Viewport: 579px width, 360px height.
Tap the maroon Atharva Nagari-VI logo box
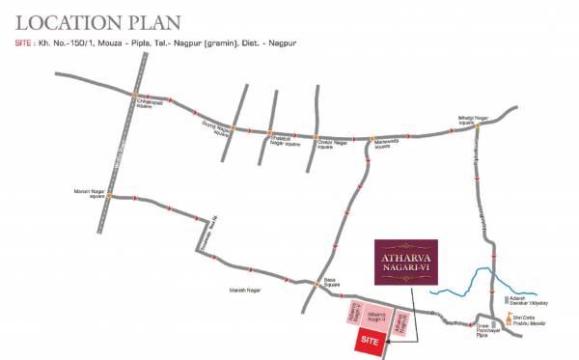pos(404,263)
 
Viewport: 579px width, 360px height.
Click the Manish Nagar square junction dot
pos(110,197)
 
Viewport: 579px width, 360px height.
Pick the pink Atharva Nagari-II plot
pos(376,318)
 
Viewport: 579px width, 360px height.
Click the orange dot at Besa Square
pos(318,283)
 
